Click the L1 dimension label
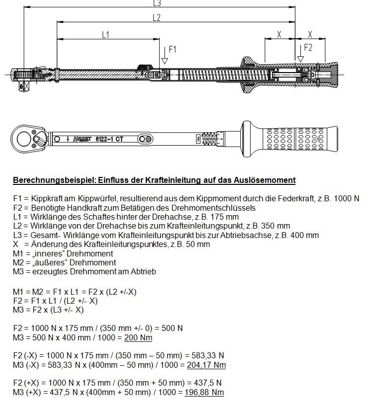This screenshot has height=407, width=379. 105,35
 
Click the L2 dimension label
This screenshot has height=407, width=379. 156,17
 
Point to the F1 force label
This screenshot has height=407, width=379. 173,49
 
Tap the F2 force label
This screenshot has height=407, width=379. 308,48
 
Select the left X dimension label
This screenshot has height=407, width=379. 279,35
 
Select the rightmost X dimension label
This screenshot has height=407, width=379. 310,35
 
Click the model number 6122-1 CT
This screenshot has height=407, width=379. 109,139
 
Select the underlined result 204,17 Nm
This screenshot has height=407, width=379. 206,365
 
